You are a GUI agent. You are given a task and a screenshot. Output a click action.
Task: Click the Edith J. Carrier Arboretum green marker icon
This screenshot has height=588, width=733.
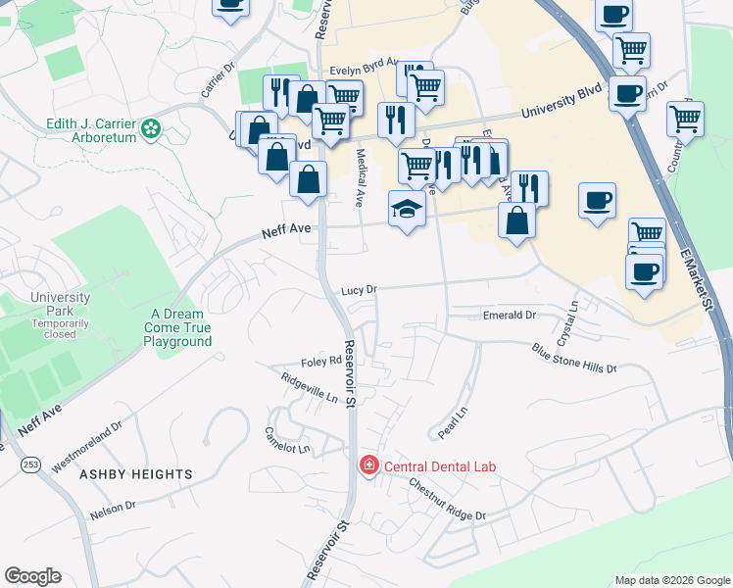pyautogui.click(x=150, y=128)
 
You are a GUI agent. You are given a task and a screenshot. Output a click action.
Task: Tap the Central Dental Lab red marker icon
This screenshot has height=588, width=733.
pyautogui.click(x=369, y=465)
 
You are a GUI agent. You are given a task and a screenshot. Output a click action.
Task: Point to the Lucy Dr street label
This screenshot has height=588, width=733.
pyautogui.click(x=360, y=290)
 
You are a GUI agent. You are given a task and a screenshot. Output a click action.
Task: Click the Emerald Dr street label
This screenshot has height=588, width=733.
pyautogui.click(x=510, y=316)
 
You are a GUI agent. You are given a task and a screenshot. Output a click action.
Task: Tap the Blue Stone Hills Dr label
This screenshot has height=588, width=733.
pyautogui.click(x=574, y=358)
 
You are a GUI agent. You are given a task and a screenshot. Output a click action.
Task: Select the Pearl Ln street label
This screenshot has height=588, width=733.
pyautogui.click(x=448, y=422)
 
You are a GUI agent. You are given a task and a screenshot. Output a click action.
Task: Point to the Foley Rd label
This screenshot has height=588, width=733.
pyautogui.click(x=321, y=361)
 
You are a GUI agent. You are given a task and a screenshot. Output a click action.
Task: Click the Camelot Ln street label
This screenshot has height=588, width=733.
pyautogui.click(x=287, y=440)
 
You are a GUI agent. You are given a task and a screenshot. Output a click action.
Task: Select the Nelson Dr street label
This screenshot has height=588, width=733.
pyautogui.click(x=113, y=509)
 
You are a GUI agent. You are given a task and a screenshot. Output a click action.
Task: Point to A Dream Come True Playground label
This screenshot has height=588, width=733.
pyautogui.click(x=177, y=328)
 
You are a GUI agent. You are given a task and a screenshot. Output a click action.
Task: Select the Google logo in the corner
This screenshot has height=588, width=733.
pyautogui.click(x=32, y=576)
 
